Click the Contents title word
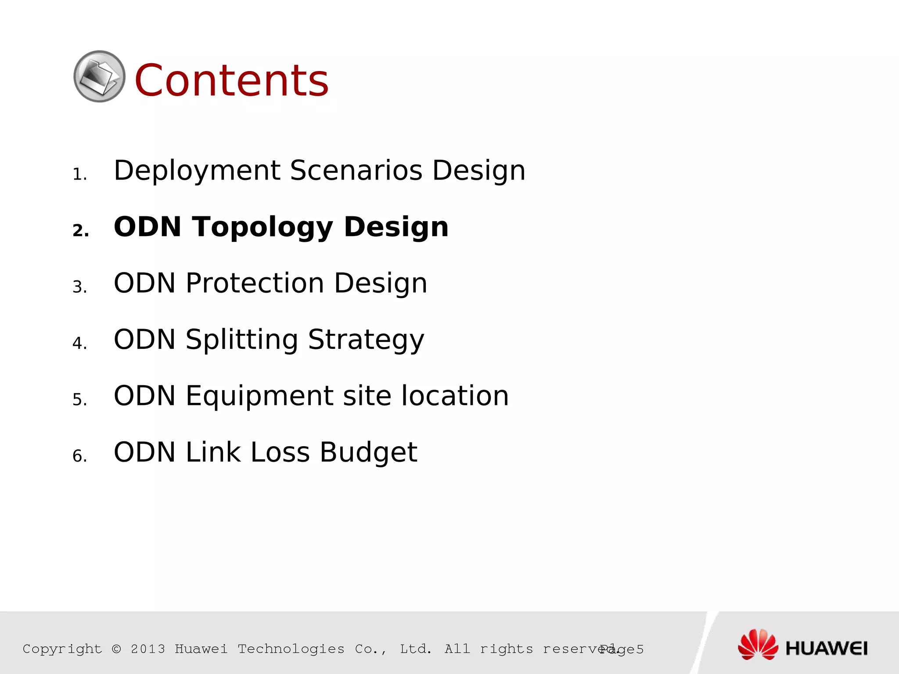(x=231, y=80)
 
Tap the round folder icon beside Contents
(x=99, y=76)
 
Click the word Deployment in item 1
(x=197, y=171)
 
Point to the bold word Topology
(x=262, y=228)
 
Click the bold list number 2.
(x=80, y=230)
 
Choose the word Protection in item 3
(x=255, y=283)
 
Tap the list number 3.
(x=79, y=287)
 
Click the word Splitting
(x=242, y=340)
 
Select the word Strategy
(x=366, y=340)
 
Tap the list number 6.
(x=79, y=456)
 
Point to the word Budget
(x=368, y=452)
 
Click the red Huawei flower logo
(x=757, y=644)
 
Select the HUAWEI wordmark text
(x=826, y=649)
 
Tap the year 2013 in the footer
(x=148, y=649)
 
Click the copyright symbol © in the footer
(x=116, y=649)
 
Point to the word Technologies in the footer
(x=291, y=649)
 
